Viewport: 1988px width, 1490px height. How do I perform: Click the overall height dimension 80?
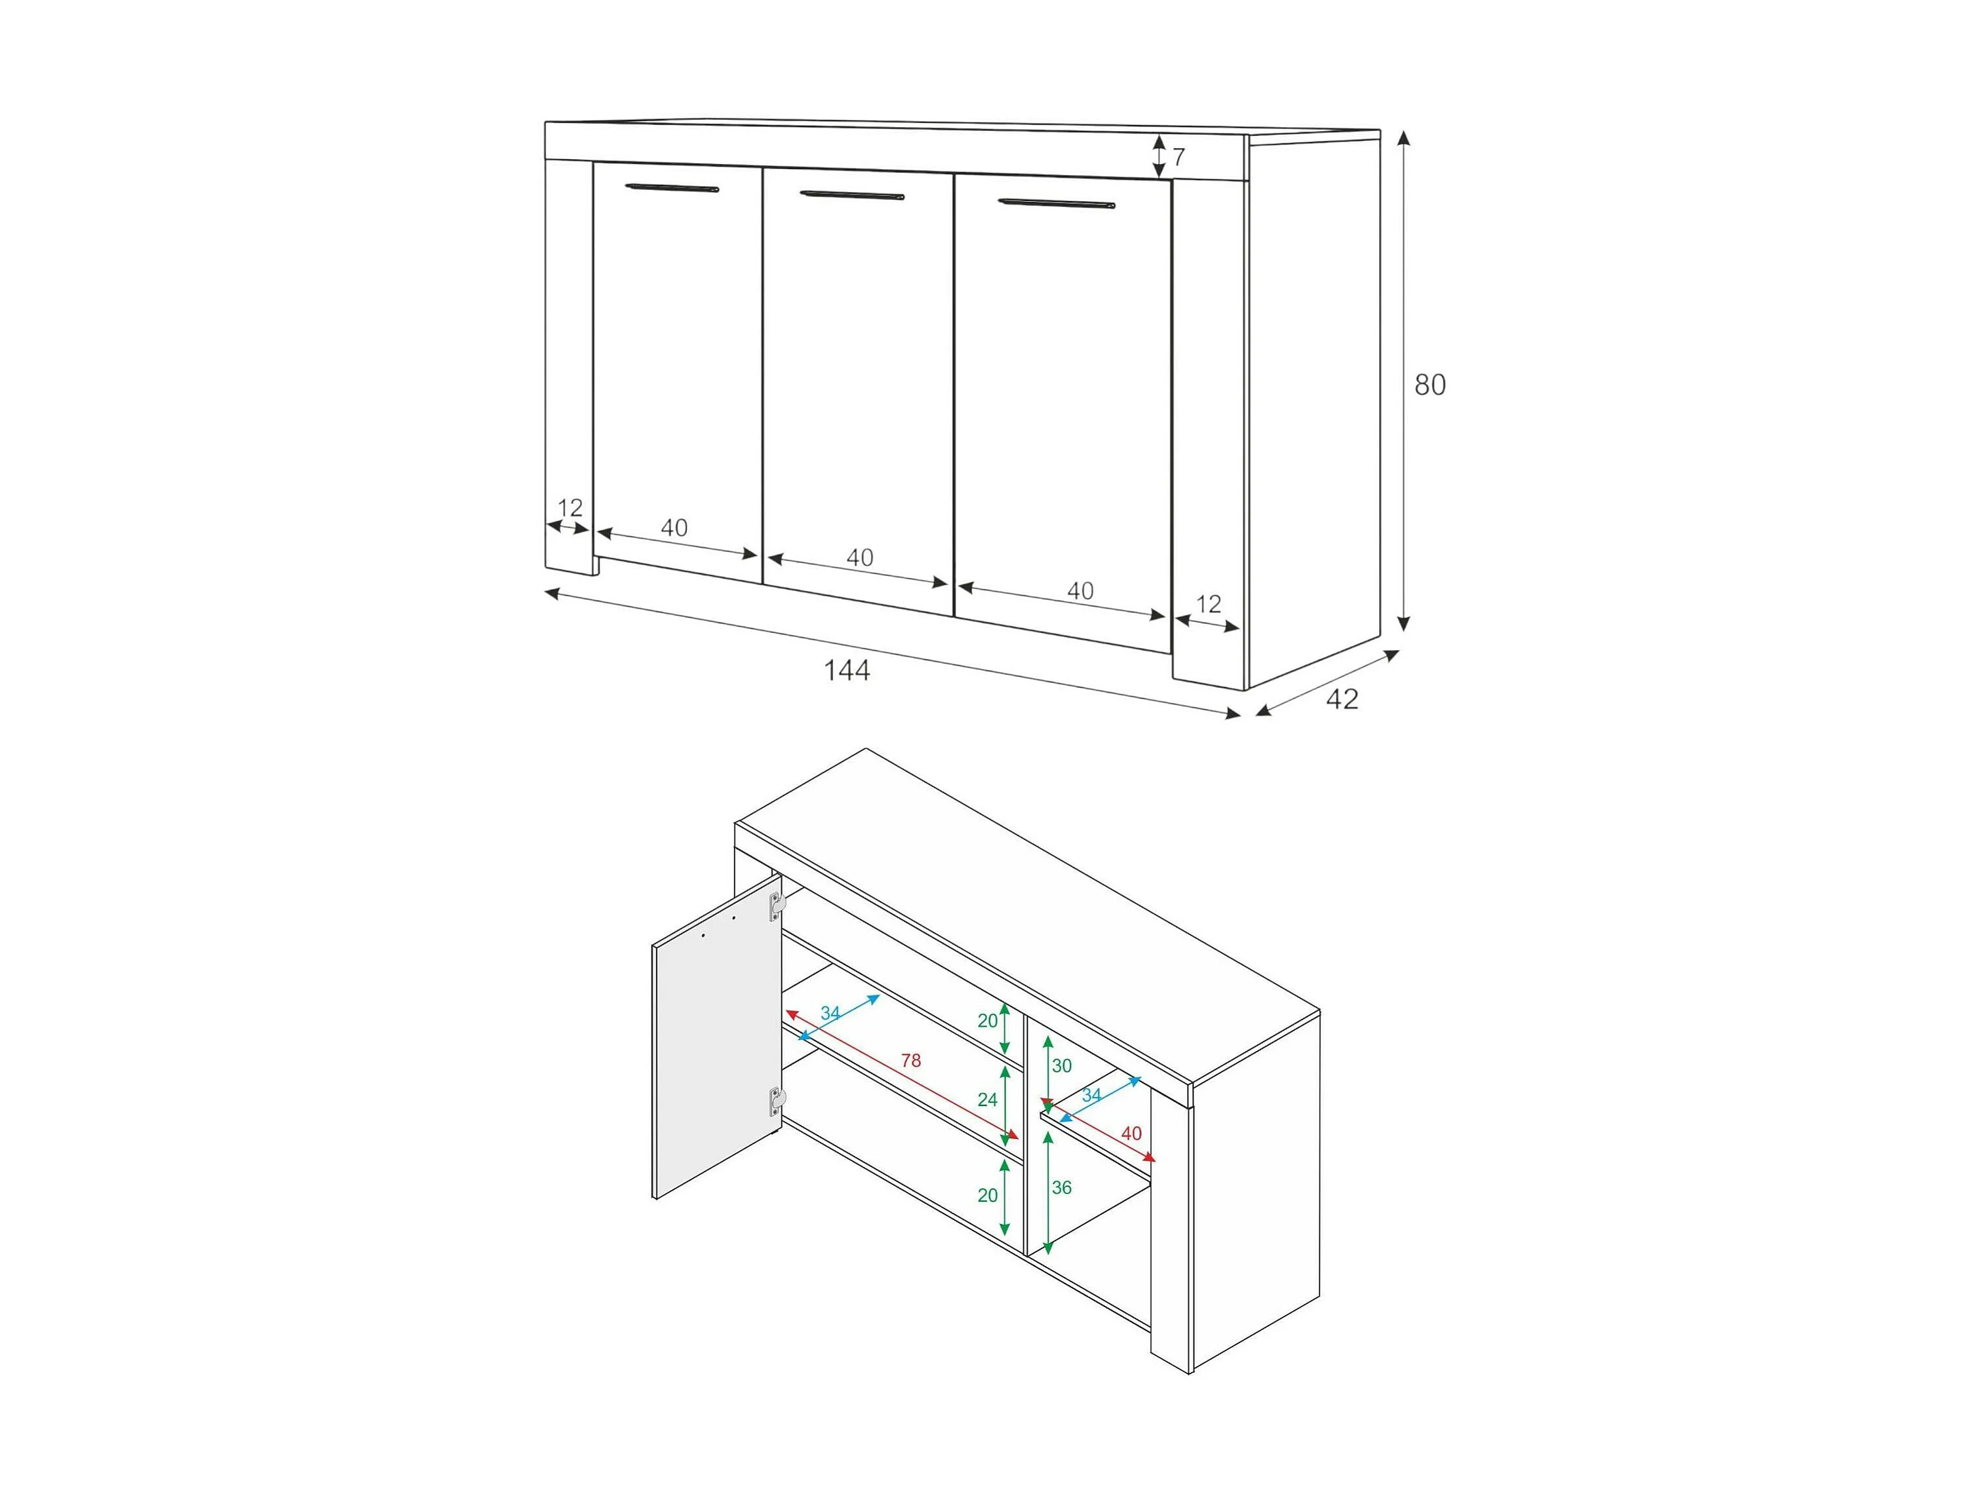point(1430,385)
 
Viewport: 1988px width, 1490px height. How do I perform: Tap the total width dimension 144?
point(847,670)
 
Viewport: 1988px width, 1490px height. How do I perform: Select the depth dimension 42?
point(1342,698)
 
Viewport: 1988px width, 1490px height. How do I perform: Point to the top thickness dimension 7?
point(1179,157)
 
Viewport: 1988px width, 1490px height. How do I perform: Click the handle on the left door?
point(673,189)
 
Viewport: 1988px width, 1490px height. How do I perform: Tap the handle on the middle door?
point(852,195)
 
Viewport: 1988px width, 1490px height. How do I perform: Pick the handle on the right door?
point(1057,204)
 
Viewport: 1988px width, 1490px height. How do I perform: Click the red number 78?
point(910,1060)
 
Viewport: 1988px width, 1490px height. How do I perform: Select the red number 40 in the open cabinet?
point(1131,1134)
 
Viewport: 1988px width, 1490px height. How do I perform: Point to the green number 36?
point(1061,1187)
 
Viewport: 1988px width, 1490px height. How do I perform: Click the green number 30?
point(1061,1066)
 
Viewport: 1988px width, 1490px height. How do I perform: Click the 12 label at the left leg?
point(570,508)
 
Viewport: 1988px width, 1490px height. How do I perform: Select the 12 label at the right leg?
point(1209,604)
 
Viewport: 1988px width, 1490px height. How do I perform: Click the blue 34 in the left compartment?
point(830,1014)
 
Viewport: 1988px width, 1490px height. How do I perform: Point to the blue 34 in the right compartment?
point(1091,1096)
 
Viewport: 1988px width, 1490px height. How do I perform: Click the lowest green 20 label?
point(987,1195)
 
